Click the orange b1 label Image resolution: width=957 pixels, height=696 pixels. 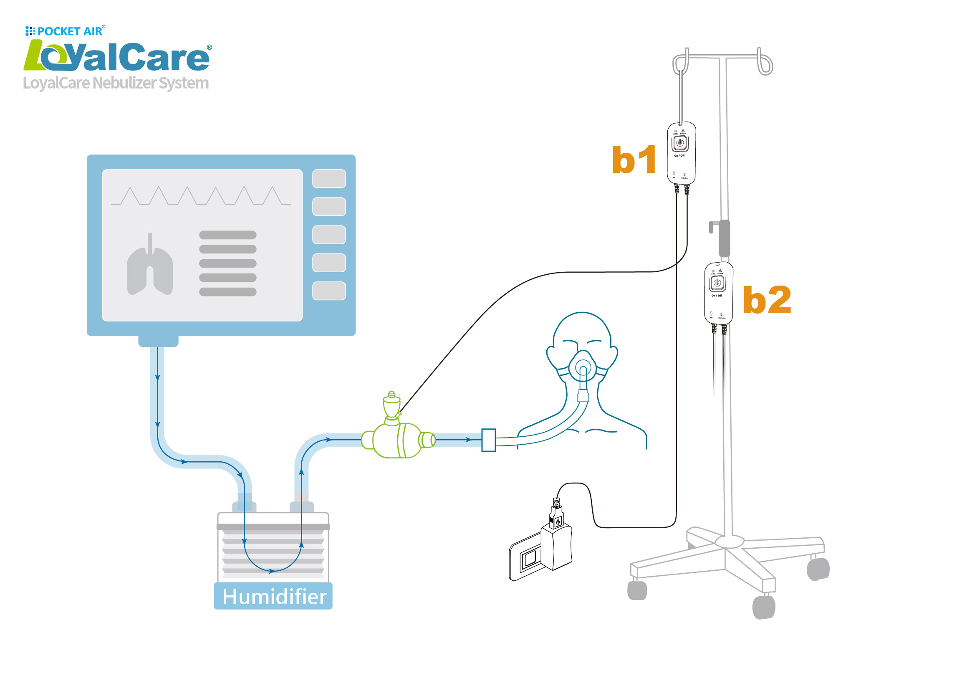click(634, 159)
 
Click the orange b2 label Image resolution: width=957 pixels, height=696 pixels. click(766, 300)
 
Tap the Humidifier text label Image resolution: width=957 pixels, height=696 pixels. click(274, 597)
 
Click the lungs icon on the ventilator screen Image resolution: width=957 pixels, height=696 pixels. click(150, 266)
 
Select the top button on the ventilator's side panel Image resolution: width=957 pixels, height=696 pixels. click(329, 179)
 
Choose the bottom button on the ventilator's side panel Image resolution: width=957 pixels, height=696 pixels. click(329, 291)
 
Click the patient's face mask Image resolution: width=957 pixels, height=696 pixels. click(583, 366)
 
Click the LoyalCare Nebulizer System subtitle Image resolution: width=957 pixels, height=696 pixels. click(116, 83)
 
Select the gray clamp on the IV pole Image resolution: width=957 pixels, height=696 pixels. click(724, 238)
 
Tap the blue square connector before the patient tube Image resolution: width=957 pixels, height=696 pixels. click(488, 440)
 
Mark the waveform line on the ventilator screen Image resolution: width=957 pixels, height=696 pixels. click(201, 196)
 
